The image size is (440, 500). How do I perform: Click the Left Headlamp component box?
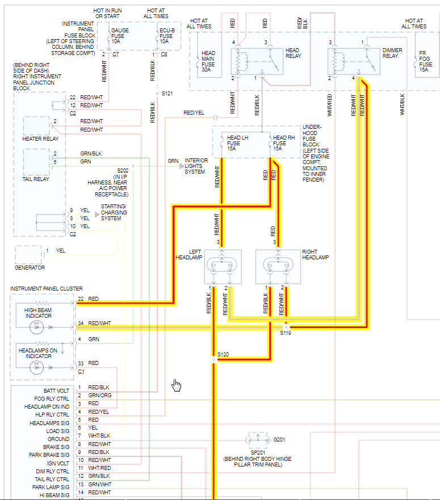point(223,267)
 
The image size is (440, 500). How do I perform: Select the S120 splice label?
point(223,355)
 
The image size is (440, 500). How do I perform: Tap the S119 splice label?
point(285,333)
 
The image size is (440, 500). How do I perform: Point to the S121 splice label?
point(167,93)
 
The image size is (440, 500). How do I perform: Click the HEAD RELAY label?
point(293,53)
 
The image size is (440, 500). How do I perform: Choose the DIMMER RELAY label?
point(392,53)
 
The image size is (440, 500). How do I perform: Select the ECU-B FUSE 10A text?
point(166,36)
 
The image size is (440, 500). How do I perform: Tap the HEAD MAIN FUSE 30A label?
point(208,60)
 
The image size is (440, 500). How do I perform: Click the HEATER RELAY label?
point(40,138)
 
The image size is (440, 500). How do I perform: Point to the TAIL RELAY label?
point(35,179)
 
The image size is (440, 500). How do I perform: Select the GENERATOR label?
point(30,268)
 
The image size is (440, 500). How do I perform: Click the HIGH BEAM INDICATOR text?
point(38,313)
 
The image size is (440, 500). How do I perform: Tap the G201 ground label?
point(279,439)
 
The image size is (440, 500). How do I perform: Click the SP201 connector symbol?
point(257,439)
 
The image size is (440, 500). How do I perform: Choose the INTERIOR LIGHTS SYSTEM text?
point(196,166)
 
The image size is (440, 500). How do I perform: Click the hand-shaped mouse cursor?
point(177,386)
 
